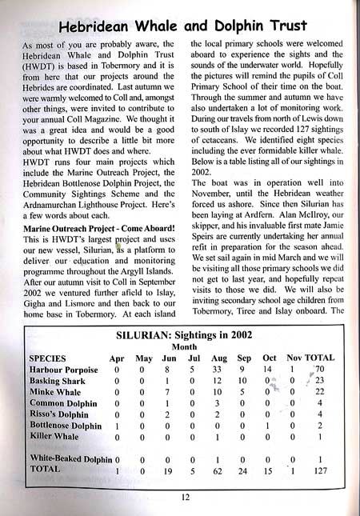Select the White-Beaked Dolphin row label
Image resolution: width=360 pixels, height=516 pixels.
70,460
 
